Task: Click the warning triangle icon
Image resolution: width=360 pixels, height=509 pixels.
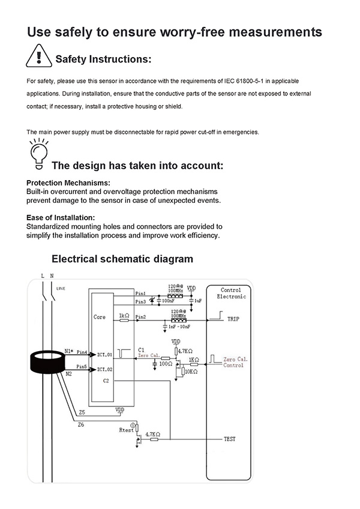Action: click(38, 56)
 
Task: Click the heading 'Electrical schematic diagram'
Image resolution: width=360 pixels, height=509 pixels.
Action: click(122, 259)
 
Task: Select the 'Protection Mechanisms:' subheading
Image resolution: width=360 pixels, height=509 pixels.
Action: click(68, 182)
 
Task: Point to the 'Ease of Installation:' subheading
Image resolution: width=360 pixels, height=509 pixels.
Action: click(61, 217)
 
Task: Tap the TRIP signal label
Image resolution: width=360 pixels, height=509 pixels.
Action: click(233, 319)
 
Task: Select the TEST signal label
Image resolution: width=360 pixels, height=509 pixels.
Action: click(229, 439)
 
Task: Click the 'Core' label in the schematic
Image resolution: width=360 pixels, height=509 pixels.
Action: click(100, 316)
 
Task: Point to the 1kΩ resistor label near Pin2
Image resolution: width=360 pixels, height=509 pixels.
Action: click(124, 315)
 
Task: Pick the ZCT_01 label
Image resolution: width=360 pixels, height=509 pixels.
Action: click(104, 355)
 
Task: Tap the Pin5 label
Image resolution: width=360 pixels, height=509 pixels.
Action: click(82, 366)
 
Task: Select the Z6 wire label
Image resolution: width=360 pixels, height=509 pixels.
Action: click(82, 424)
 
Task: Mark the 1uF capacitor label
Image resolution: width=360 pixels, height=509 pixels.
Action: click(198, 300)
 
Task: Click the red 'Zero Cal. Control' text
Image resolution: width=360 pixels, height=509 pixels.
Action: click(233, 362)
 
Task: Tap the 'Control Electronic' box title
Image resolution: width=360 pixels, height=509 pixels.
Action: click(231, 293)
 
